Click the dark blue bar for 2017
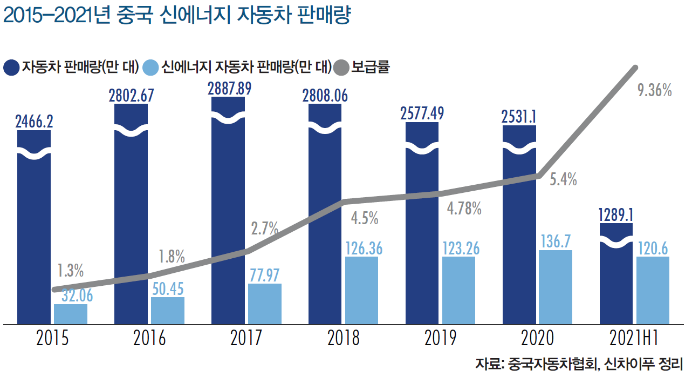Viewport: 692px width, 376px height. pyautogui.click(x=228, y=216)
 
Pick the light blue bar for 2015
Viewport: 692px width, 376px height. pyautogui.click(x=70, y=314)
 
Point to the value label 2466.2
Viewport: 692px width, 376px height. pyautogui.click(x=34, y=122)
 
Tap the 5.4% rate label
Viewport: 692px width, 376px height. pyautogui.click(x=563, y=179)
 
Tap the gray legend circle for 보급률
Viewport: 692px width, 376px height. pyautogui.click(x=341, y=68)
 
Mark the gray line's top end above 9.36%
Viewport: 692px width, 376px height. pyautogui.click(x=636, y=68)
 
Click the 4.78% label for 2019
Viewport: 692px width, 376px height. pyautogui.click(x=464, y=209)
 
